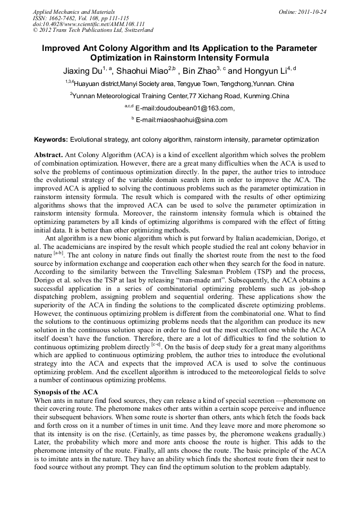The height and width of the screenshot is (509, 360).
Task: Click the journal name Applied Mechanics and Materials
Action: point(73,11)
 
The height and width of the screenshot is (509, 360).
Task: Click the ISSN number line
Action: point(81,18)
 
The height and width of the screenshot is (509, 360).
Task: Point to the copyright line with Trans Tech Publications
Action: point(93,30)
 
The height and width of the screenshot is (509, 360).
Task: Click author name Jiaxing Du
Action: point(82,71)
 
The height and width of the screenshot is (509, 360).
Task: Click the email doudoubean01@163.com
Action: point(185,108)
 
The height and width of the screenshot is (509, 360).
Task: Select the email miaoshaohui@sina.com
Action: point(182,120)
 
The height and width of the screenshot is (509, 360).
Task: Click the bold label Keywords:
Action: point(51,140)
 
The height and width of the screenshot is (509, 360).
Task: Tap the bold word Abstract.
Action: point(48,155)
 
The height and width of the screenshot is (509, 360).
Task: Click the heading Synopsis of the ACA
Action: point(66,392)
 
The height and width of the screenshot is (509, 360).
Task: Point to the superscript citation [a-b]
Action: point(58,253)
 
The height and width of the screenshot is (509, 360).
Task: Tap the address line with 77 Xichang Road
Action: point(180,96)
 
